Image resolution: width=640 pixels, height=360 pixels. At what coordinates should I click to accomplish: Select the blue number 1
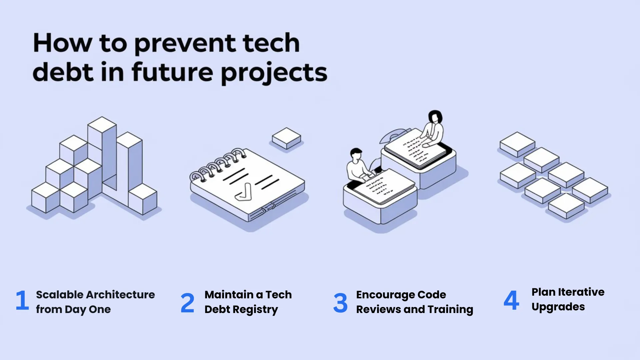pyautogui.click(x=22, y=300)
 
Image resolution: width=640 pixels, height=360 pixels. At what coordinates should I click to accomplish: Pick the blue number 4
pyautogui.click(x=511, y=300)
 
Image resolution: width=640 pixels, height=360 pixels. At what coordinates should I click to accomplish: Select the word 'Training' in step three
pyautogui.click(x=450, y=309)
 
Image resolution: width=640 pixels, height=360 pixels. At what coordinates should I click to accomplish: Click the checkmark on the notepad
pyautogui.click(x=244, y=193)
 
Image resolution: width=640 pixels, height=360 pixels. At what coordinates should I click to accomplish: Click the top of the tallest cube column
pyautogui.click(x=102, y=124)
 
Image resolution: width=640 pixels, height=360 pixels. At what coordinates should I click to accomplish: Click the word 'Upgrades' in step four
pyautogui.click(x=558, y=307)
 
